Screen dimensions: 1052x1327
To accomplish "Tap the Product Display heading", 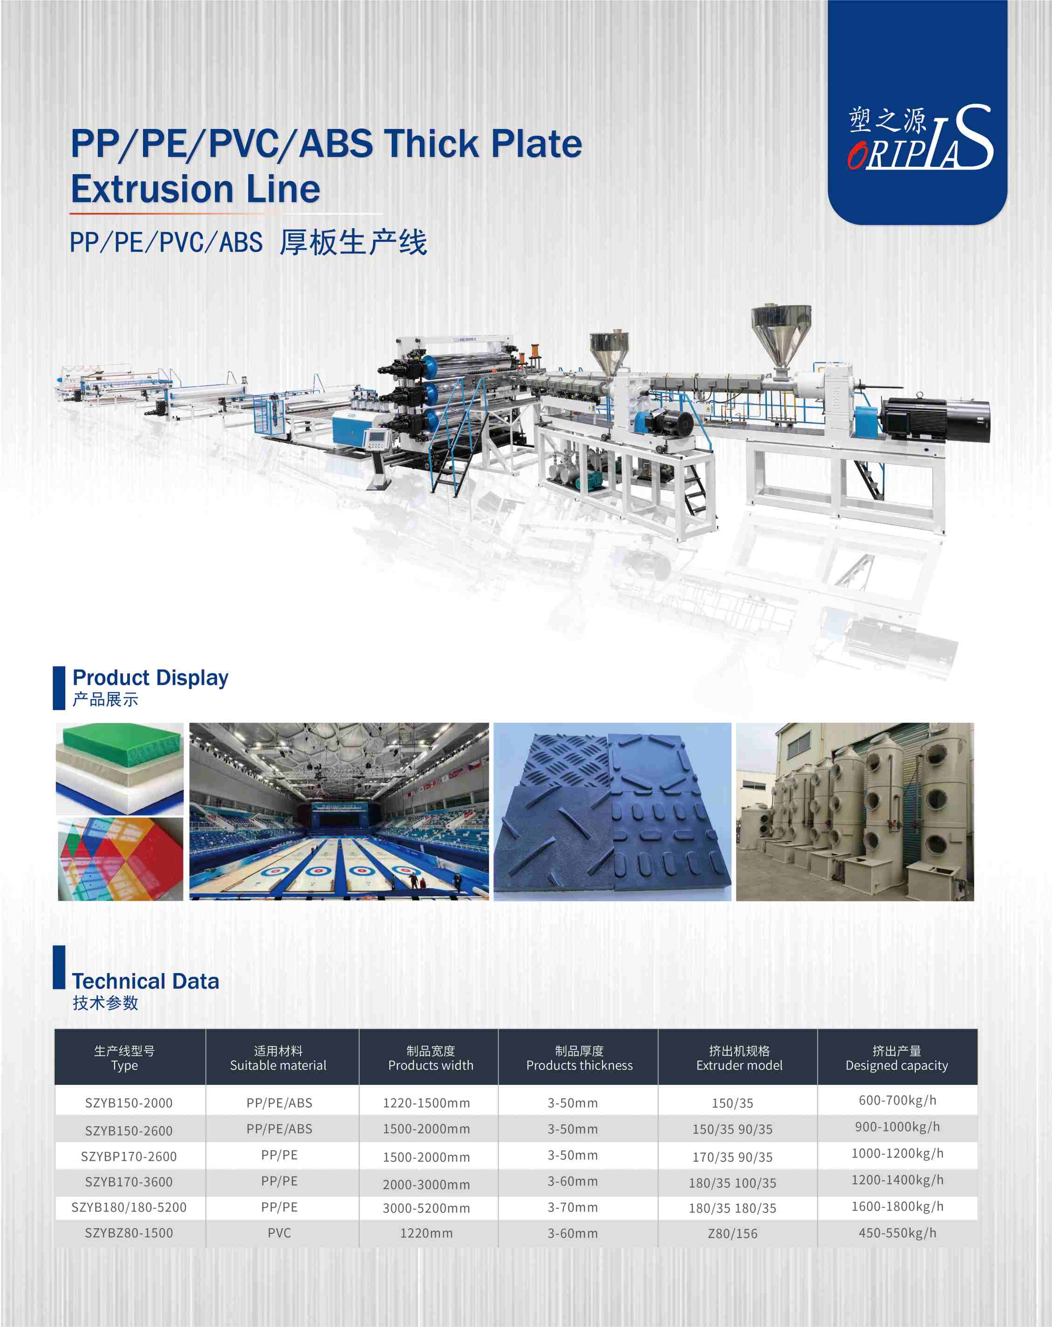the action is coord(150,677).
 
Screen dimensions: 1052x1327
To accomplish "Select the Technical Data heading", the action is coord(145,980).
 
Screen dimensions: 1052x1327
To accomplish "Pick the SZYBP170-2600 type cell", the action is coord(129,1157).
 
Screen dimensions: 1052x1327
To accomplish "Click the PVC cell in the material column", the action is coord(279,1233).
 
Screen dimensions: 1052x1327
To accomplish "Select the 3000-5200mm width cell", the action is coord(426,1208).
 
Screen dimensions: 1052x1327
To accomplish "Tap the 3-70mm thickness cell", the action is coord(573,1208).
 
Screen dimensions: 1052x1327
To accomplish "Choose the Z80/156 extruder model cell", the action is coord(732,1233).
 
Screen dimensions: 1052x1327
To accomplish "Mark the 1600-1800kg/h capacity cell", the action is coord(897,1206).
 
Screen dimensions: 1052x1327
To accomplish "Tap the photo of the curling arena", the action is coord(339,811).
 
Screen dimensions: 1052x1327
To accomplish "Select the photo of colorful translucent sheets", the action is coord(121,859).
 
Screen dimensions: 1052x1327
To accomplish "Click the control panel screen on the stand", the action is coord(375,439).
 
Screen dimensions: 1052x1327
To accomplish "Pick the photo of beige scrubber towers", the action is coord(855,812).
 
